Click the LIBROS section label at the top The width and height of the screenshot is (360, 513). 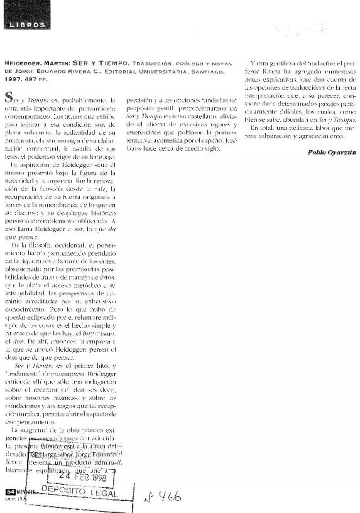pos(27,25)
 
